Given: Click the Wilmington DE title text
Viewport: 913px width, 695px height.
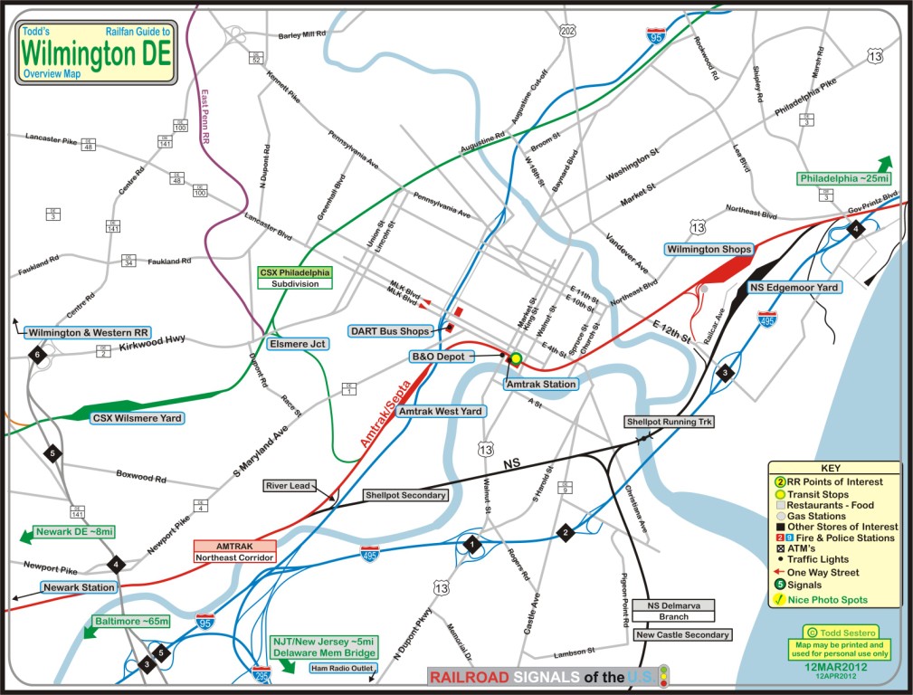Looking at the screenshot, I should tap(96, 53).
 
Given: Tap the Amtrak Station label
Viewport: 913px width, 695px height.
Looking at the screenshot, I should tap(541, 384).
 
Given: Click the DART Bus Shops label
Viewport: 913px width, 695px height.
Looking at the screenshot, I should tap(390, 331).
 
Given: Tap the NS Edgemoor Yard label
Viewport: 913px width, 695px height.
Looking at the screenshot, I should tap(795, 287).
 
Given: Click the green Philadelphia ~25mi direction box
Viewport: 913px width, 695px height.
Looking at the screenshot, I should tap(838, 178).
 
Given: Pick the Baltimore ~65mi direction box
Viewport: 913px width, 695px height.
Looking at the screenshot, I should tap(132, 622).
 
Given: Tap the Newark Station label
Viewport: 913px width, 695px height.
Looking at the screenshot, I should tap(80, 587).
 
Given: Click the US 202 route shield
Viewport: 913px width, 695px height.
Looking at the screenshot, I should tap(567, 32).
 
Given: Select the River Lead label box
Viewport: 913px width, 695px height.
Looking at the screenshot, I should tap(289, 486).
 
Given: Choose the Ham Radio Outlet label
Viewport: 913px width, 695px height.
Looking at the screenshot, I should tap(342, 669).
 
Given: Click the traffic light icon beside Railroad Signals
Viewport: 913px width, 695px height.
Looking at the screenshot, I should tap(665, 676).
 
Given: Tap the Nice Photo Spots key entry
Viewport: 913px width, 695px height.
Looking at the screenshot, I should tap(825, 600).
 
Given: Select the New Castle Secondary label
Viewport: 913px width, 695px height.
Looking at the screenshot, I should tap(682, 634).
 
